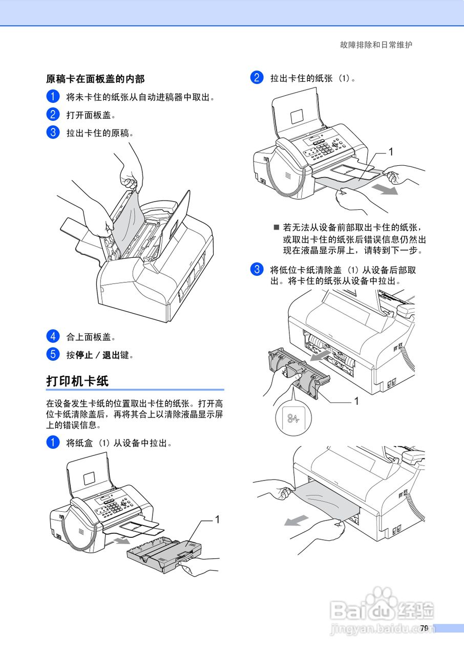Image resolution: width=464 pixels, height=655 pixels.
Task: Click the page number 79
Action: (x=424, y=628)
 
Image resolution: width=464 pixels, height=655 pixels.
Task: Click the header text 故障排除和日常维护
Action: (x=376, y=45)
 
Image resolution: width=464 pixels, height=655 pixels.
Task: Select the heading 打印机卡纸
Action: (x=77, y=381)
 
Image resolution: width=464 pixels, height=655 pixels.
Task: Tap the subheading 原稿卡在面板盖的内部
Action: (x=95, y=79)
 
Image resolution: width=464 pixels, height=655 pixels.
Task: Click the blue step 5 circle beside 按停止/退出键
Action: (x=52, y=354)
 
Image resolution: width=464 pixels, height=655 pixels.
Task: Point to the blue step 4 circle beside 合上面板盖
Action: (x=52, y=337)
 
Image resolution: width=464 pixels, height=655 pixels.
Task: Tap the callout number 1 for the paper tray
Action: (x=217, y=519)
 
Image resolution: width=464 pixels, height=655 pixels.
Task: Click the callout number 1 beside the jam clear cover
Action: (x=356, y=401)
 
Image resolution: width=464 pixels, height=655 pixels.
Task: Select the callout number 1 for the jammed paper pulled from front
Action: (x=390, y=151)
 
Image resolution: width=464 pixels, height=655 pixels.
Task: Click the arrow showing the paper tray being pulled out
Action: (x=120, y=540)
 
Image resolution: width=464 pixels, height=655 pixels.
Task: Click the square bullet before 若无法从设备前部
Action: (x=277, y=227)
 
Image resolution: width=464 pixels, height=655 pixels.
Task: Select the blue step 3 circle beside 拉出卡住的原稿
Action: (x=52, y=132)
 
